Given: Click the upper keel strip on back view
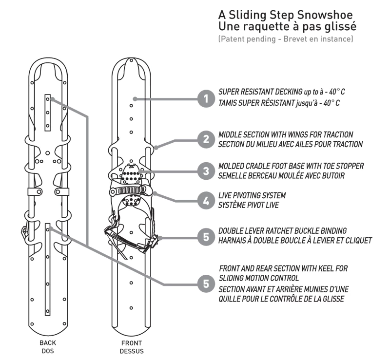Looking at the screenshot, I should (x=47, y=112).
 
